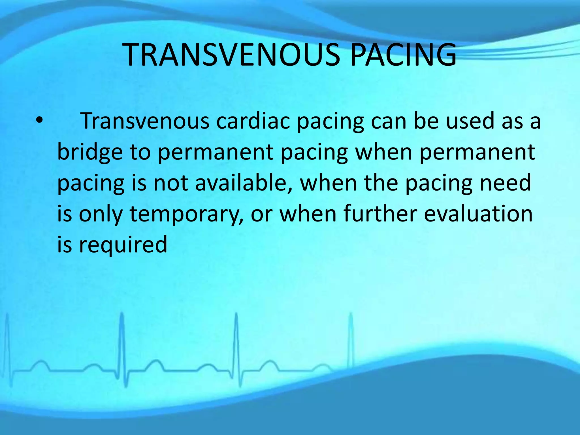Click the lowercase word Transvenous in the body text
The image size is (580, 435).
(x=145, y=121)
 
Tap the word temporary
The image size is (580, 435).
(x=185, y=214)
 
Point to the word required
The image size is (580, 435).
(x=123, y=245)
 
